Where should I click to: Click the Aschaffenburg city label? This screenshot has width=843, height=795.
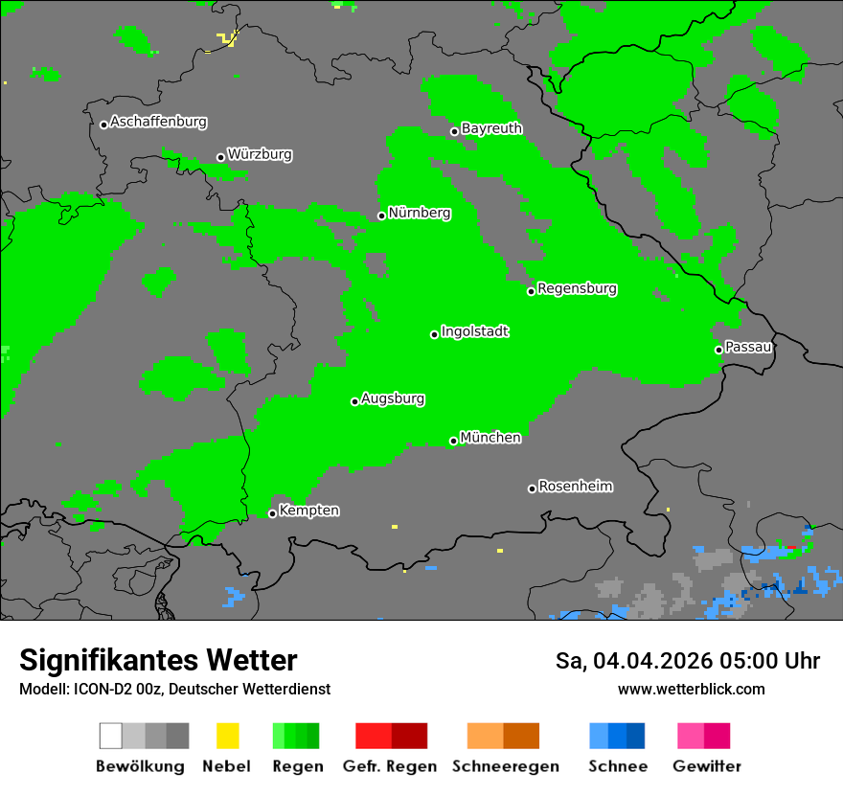(x=158, y=122)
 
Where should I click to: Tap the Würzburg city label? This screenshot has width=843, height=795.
(x=260, y=154)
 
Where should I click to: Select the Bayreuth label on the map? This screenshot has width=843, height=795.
(x=491, y=128)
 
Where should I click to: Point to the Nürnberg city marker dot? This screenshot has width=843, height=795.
(x=381, y=216)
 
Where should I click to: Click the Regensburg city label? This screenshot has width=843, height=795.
(x=577, y=288)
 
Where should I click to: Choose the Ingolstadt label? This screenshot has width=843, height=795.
(x=474, y=331)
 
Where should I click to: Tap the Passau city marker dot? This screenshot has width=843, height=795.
(x=718, y=350)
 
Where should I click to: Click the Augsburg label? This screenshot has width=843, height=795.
(x=393, y=398)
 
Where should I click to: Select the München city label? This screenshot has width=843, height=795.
(x=490, y=438)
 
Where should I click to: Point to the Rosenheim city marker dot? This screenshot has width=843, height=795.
(x=532, y=488)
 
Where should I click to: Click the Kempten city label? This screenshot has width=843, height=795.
(x=308, y=511)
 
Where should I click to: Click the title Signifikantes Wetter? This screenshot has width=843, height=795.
(x=158, y=660)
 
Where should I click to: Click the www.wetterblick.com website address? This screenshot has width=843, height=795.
(x=691, y=689)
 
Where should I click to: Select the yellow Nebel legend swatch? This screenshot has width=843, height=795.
(x=227, y=736)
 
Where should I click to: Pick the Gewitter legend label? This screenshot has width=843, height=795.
(x=706, y=766)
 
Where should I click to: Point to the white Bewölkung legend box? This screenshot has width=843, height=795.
(x=110, y=736)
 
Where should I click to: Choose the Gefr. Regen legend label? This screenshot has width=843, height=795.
(x=389, y=766)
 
